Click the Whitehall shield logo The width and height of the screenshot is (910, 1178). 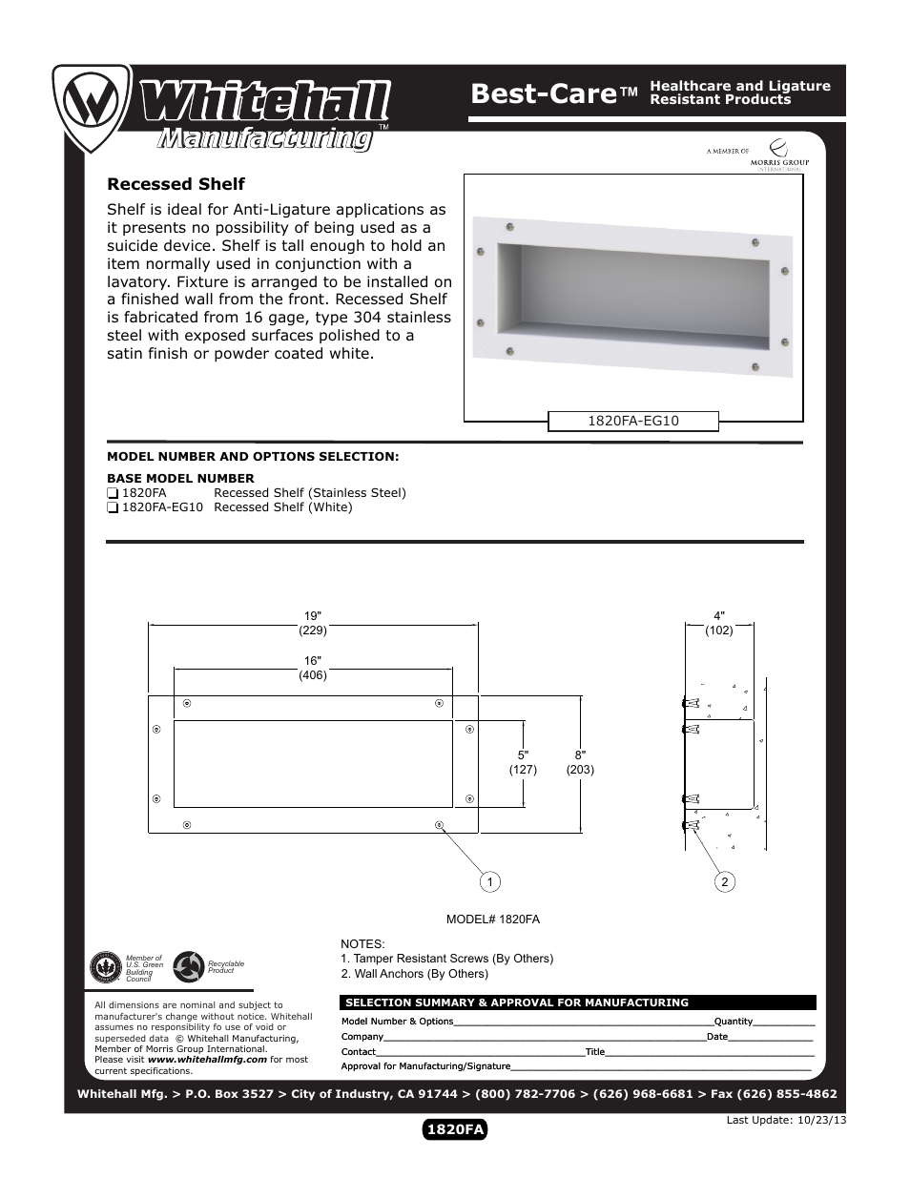92,106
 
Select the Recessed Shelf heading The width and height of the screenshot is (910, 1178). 176,184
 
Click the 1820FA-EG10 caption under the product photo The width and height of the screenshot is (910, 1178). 632,421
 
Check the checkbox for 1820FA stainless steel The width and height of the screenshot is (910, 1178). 113,493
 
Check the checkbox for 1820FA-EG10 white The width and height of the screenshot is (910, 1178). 113,507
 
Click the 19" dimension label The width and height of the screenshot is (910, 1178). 313,616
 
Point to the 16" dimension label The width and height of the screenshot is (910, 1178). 313,661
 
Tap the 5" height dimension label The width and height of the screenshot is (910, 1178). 523,755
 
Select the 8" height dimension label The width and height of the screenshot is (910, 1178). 580,755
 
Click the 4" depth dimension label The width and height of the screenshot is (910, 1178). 719,616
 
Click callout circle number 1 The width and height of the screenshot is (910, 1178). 489,882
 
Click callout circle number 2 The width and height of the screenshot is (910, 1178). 725,882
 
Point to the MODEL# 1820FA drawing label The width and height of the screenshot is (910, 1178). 493,920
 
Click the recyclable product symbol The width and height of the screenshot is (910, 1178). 189,967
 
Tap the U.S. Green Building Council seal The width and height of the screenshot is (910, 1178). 104,967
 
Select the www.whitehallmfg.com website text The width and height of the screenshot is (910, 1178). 207,1059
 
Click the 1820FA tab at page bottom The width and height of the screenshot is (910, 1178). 455,1129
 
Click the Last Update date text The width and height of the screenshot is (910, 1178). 786,1120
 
